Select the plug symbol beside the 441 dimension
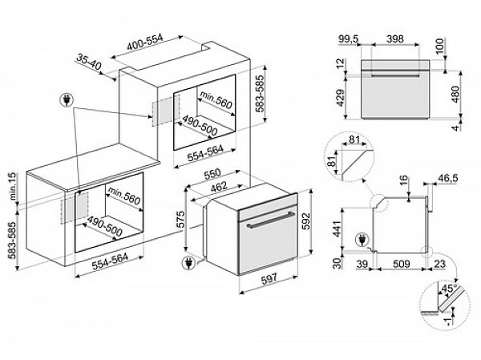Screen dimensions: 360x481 pyautogui.click(x=362, y=238)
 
